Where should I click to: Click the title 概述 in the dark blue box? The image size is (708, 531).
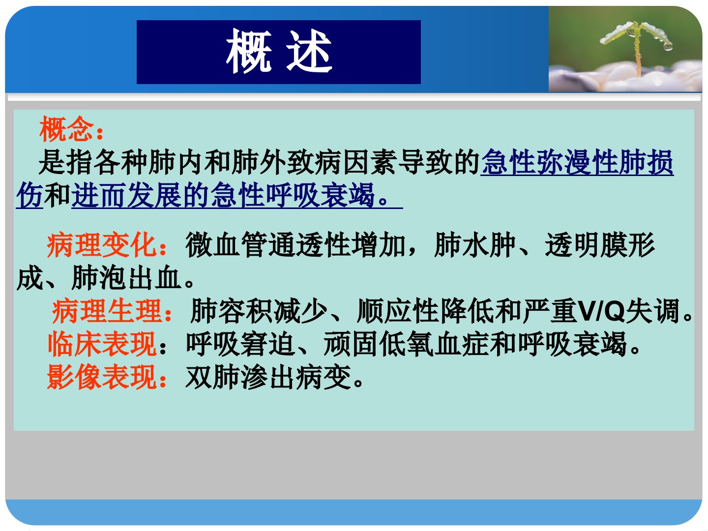coord(279,51)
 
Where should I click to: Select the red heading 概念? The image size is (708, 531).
coord(66,129)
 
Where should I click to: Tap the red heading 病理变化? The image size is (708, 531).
coord(102,245)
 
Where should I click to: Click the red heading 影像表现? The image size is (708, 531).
coord(102,377)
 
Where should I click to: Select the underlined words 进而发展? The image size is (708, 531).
coord(126,195)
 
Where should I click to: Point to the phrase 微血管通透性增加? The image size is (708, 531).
coord(295,245)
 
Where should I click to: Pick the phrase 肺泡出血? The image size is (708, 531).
coord(126,278)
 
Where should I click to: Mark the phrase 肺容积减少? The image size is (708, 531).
coord(259,311)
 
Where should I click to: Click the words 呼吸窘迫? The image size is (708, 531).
coord(241,344)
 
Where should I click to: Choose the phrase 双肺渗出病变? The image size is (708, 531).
coord(268,377)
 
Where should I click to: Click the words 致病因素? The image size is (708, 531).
coord(342,162)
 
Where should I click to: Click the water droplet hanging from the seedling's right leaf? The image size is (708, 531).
coord(668,47)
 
